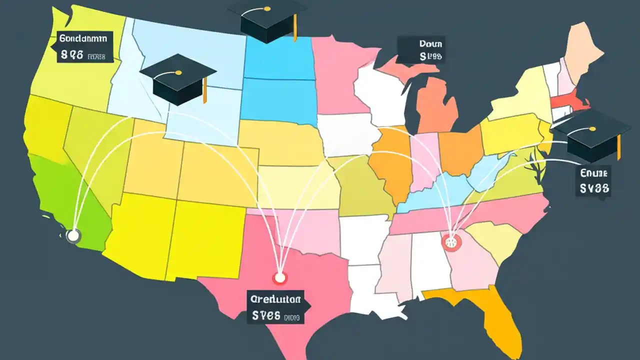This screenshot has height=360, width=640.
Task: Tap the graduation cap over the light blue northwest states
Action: click(177, 80)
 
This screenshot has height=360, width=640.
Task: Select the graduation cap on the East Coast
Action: click(590, 135)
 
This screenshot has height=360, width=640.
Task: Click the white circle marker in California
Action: click(73, 236)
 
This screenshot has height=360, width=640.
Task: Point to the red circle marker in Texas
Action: click(279, 278)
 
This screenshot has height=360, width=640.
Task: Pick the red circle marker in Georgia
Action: click(451, 243)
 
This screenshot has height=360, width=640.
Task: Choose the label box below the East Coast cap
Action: click(593, 181)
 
